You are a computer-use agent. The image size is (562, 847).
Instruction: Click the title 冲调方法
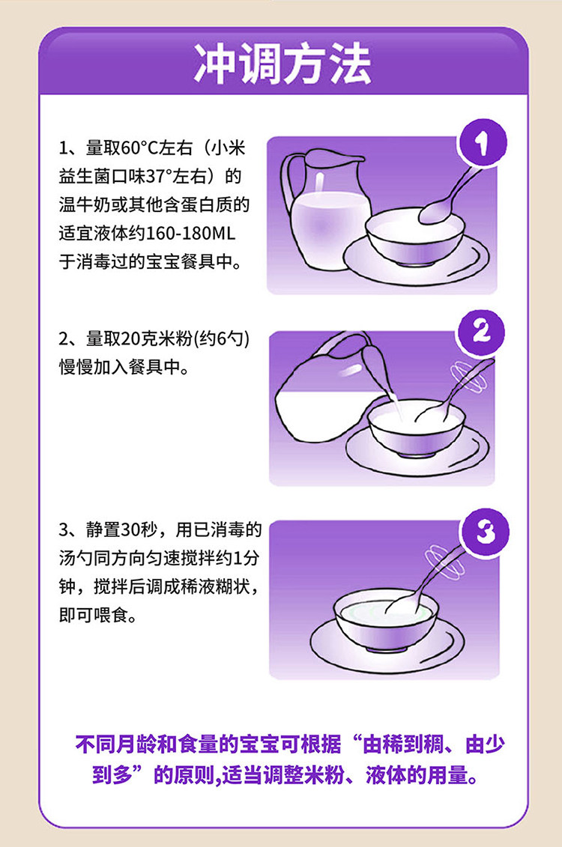click(x=282, y=64)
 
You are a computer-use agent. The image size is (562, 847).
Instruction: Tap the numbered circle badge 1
click(x=482, y=143)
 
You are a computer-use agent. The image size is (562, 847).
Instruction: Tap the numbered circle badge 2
click(x=481, y=333)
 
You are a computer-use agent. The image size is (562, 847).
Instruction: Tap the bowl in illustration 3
click(x=387, y=621)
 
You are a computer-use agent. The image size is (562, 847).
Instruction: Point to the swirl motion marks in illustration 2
click(x=468, y=376)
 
